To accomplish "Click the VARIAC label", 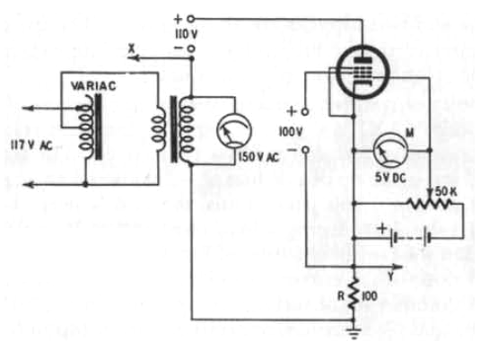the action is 93,86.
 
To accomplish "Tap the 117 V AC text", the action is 31,145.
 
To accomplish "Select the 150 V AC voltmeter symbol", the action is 234,130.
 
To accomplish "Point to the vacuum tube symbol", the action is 363,72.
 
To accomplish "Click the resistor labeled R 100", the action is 354,294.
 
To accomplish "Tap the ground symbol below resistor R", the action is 354,334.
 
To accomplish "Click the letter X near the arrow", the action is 132,48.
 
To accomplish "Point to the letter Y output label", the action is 391,277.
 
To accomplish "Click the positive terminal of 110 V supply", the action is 190,19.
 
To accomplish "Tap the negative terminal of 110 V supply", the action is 190,48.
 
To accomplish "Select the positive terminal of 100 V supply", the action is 304,112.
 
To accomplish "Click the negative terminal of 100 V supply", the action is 305,150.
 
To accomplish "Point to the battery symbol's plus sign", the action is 383,228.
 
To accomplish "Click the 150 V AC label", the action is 258,157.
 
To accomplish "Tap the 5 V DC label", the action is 390,178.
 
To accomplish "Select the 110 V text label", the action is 186,34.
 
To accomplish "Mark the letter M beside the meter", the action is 410,133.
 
